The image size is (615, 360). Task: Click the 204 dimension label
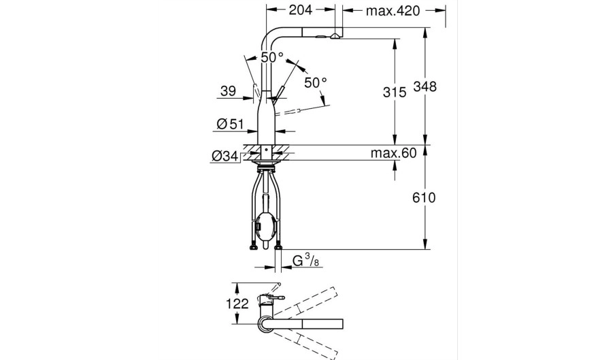click(x=301, y=10)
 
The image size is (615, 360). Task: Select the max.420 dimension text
click(x=393, y=11)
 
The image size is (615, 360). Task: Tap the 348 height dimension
click(x=425, y=86)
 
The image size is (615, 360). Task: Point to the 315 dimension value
click(x=395, y=93)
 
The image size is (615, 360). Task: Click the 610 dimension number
click(x=424, y=197)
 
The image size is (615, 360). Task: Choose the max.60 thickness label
click(x=393, y=153)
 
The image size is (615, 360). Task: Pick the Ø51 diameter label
click(x=230, y=125)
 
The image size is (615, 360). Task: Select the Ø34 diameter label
click(x=225, y=156)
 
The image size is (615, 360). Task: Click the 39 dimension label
click(x=229, y=91)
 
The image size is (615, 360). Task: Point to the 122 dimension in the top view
click(x=237, y=304)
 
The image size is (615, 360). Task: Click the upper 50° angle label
click(x=272, y=57)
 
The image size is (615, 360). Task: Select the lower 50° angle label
click(x=316, y=82)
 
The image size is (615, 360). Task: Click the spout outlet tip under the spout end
click(x=335, y=37)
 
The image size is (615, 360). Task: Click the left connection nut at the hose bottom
click(x=253, y=248)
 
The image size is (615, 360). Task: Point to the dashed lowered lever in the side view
click(x=289, y=112)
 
